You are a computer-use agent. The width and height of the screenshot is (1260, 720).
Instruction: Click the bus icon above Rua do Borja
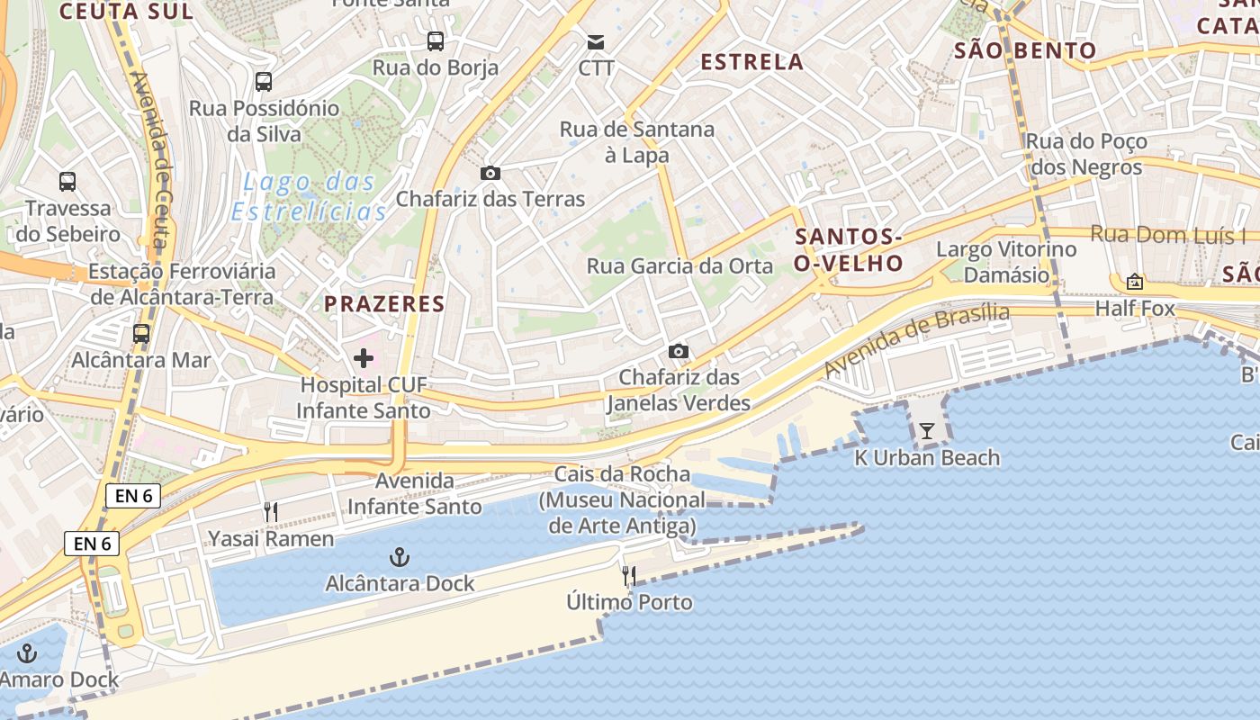pyautogui.click(x=436, y=40)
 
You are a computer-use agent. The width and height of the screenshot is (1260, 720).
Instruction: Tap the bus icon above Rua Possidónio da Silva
pyautogui.click(x=264, y=82)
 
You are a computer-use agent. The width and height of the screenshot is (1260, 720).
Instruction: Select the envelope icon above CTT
pyautogui.click(x=596, y=41)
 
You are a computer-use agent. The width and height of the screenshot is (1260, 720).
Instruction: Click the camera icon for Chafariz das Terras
pyautogui.click(x=490, y=173)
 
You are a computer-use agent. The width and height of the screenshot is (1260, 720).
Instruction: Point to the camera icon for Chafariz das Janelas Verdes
pyautogui.click(x=679, y=351)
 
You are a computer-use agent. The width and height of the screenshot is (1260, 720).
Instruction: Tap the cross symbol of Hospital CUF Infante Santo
pyautogui.click(x=364, y=358)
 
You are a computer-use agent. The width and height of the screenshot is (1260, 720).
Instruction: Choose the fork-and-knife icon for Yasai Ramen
pyautogui.click(x=271, y=512)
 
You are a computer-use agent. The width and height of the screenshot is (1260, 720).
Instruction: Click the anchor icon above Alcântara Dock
pyautogui.click(x=400, y=557)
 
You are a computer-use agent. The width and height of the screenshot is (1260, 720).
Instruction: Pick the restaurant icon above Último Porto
pyautogui.click(x=630, y=576)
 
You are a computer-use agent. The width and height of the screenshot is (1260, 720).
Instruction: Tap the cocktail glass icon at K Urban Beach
pyautogui.click(x=927, y=431)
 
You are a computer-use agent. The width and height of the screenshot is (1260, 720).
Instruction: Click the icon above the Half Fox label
pyautogui.click(x=1135, y=282)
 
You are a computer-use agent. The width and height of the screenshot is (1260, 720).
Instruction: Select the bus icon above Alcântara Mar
pyautogui.click(x=141, y=334)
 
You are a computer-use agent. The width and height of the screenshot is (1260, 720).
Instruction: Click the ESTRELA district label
pyautogui.click(x=751, y=62)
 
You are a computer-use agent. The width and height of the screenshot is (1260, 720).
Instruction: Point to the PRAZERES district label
pyautogui.click(x=384, y=304)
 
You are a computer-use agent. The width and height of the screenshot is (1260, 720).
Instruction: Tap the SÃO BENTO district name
pyautogui.click(x=1025, y=50)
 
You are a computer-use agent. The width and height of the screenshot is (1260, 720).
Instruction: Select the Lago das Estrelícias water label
pyautogui.click(x=309, y=197)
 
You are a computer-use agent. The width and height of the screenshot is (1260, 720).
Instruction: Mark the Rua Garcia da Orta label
pyautogui.click(x=679, y=266)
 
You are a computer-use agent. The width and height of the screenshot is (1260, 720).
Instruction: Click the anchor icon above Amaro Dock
pyautogui.click(x=28, y=653)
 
